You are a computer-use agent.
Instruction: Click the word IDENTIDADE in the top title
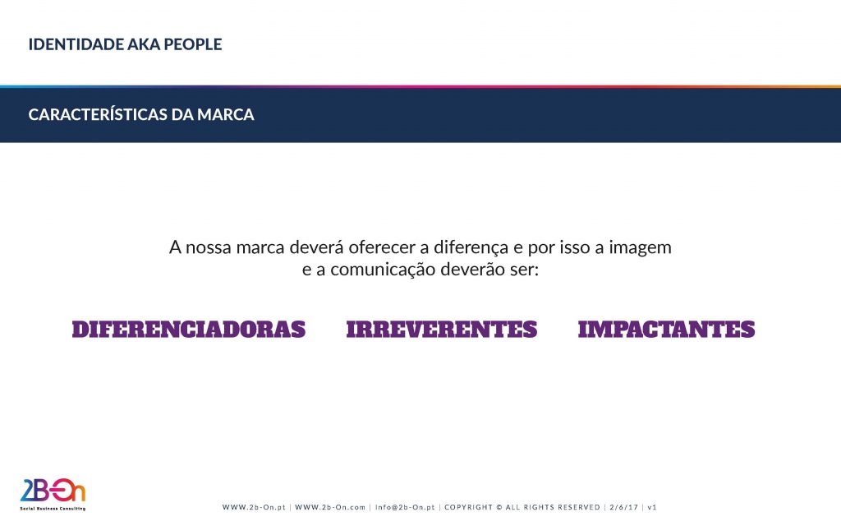[76, 44]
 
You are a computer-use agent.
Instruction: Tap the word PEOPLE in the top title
[192, 44]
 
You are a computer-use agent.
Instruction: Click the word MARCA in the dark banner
[226, 115]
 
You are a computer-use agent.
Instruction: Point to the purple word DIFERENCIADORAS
[189, 330]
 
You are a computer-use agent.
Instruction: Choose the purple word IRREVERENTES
[441, 330]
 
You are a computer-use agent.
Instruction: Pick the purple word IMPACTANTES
[666, 330]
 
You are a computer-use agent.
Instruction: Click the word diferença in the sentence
[471, 247]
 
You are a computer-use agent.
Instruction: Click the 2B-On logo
[53, 491]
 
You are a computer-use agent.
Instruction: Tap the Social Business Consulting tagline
[53, 508]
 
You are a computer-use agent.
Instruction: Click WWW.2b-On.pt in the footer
[255, 507]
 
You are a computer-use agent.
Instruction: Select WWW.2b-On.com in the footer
[330, 507]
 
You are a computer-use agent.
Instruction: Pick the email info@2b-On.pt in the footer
[405, 507]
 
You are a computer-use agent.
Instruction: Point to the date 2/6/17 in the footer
[624, 507]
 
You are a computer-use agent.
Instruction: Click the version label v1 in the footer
[652, 507]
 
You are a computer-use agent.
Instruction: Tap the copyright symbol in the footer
[499, 507]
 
